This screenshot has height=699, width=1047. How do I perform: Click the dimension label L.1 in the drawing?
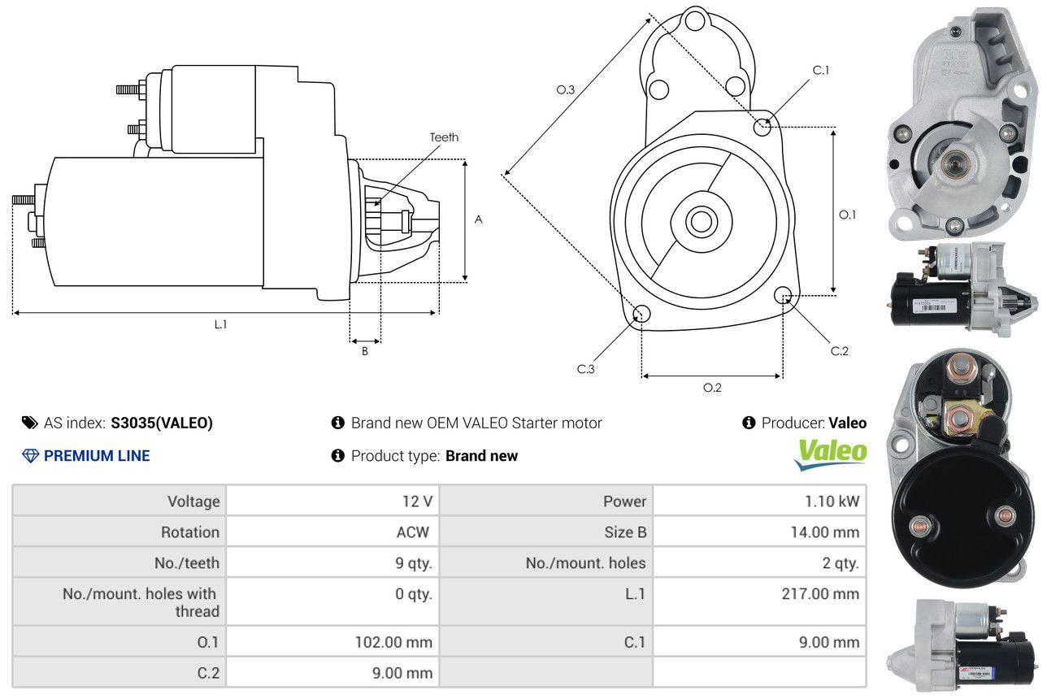[x=220, y=324]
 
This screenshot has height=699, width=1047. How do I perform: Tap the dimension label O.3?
[x=566, y=90]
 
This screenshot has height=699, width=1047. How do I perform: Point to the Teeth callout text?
[x=444, y=137]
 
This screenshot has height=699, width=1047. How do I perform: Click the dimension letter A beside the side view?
[x=479, y=219]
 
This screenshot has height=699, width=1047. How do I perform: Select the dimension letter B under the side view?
[x=365, y=351]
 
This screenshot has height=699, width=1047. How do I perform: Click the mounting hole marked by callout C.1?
[x=762, y=127]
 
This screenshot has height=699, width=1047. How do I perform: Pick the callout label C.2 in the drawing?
[x=840, y=351]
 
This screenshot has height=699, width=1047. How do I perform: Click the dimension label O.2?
[x=712, y=388]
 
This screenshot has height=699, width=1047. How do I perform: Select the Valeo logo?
[x=830, y=454]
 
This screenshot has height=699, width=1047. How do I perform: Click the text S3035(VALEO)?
[x=162, y=423]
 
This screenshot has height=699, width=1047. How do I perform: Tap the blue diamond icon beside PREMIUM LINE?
[x=30, y=456]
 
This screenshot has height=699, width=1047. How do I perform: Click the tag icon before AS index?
[x=29, y=423]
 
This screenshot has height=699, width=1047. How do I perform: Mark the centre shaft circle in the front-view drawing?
[x=699, y=221]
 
